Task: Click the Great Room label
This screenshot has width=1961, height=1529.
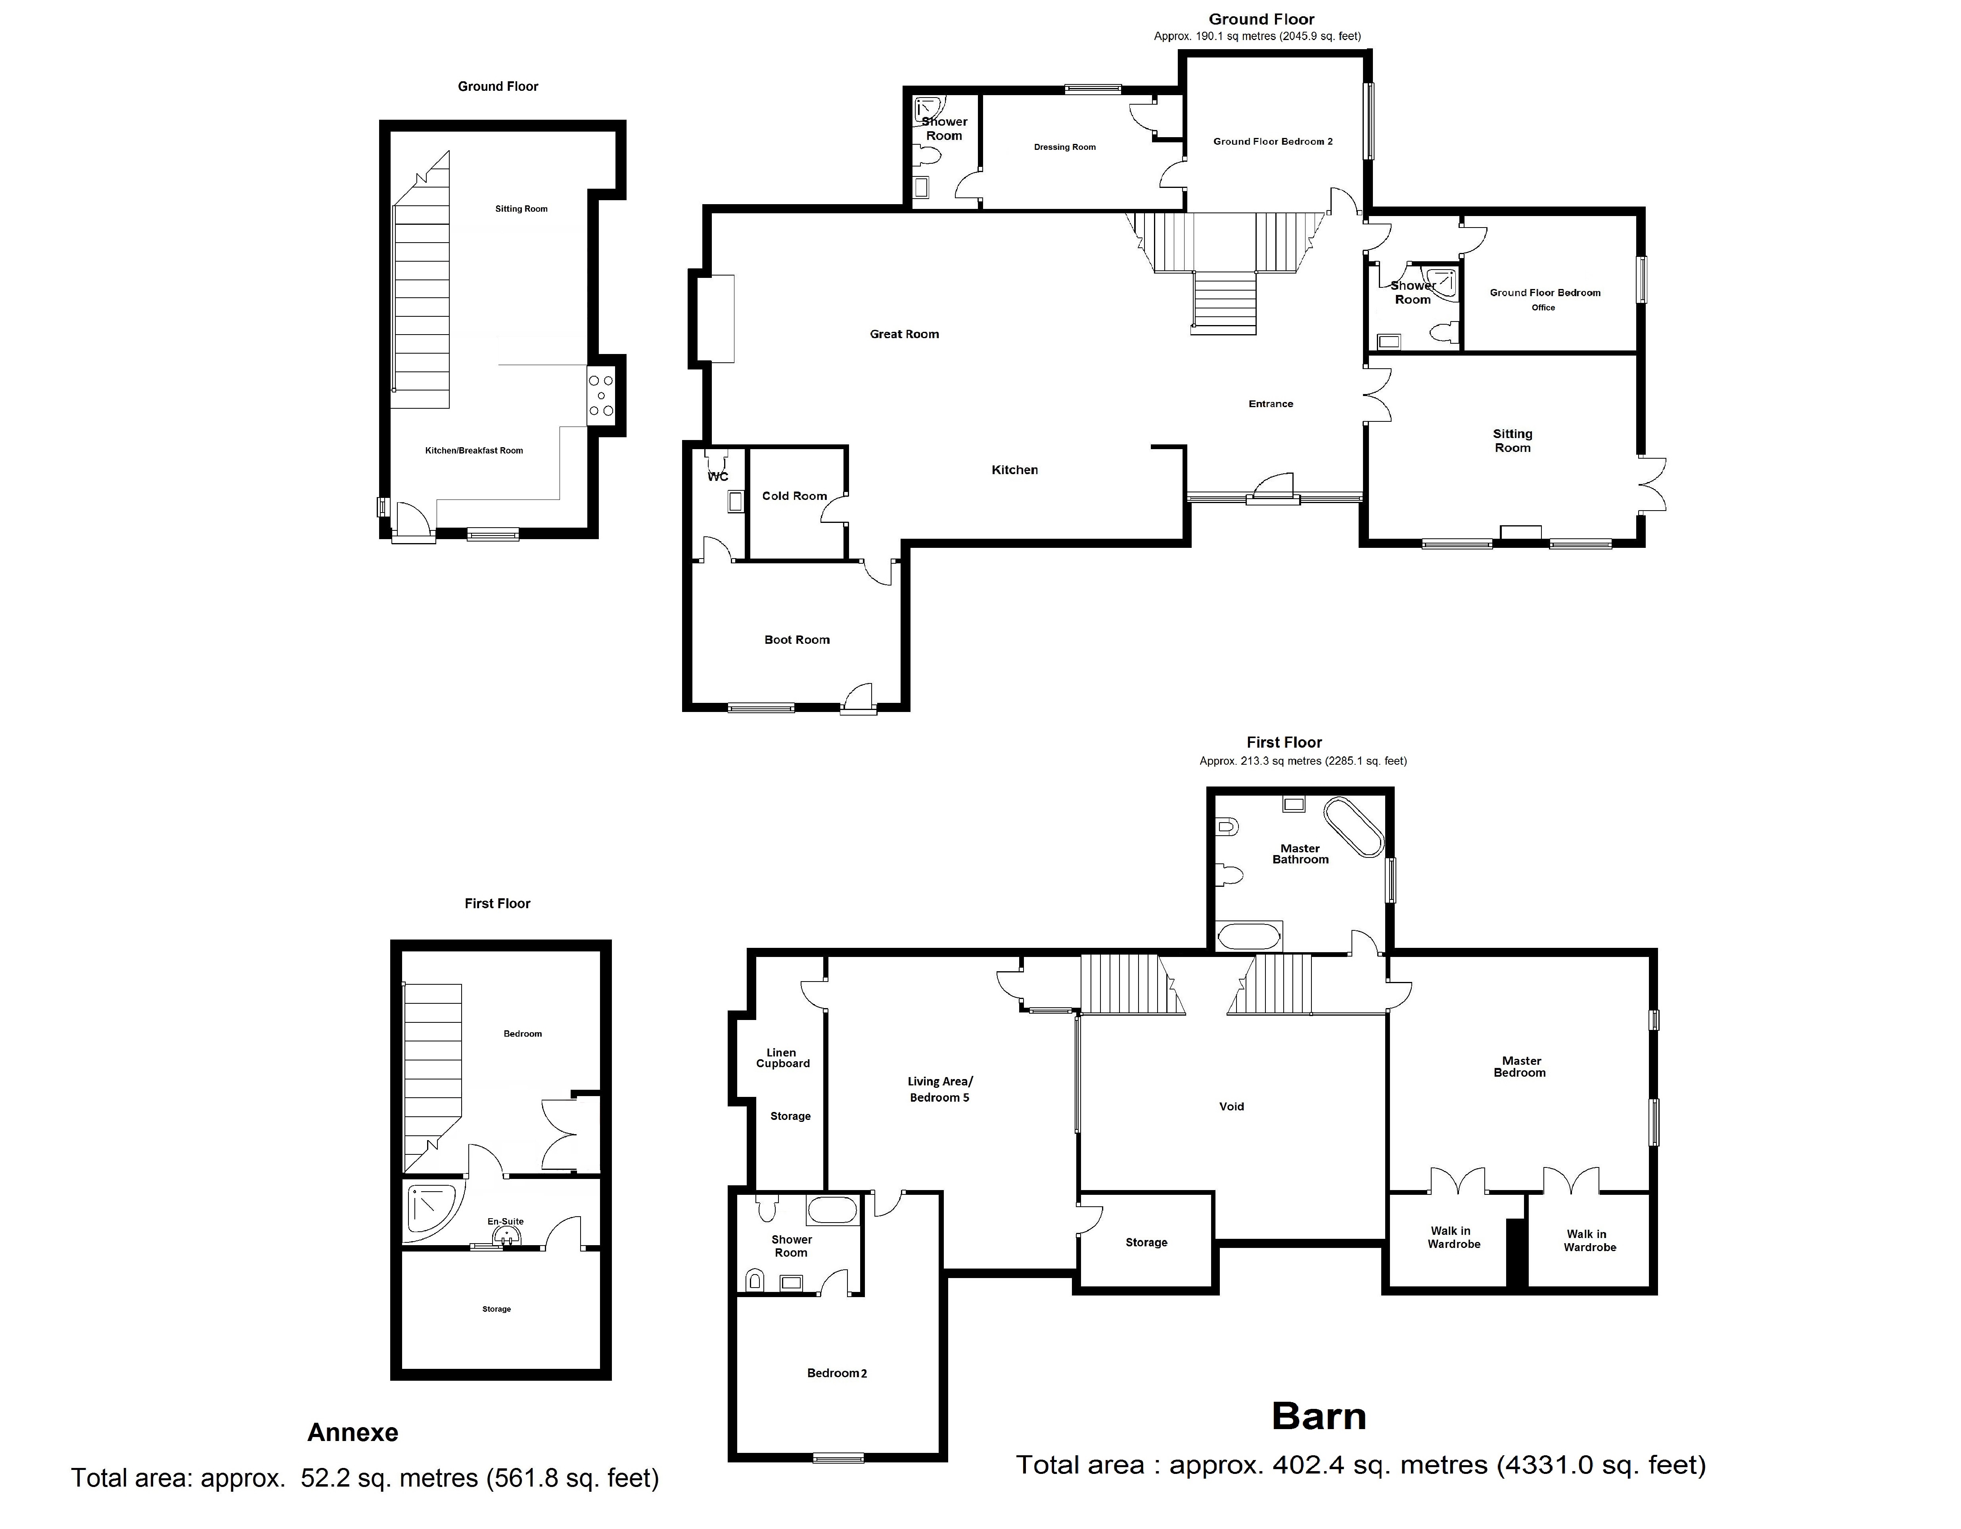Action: (x=904, y=334)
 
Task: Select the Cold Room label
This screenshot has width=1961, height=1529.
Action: (x=795, y=496)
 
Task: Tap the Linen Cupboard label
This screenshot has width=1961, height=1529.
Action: (x=782, y=1058)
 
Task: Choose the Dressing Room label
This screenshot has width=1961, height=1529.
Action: (x=1065, y=147)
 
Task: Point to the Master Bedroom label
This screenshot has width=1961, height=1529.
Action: (x=1521, y=1067)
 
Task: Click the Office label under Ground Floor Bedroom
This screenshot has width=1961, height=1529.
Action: (x=1543, y=307)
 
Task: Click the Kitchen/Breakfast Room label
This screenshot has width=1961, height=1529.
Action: (x=474, y=451)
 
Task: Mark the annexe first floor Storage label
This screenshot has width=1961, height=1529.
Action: (x=496, y=1309)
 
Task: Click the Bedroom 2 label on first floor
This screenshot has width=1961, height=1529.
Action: (x=837, y=1373)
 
